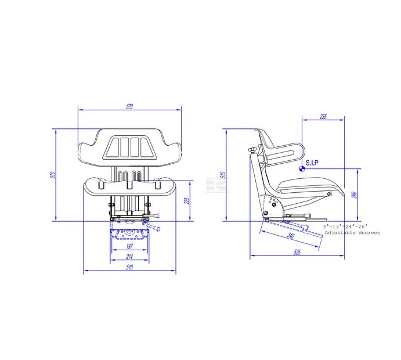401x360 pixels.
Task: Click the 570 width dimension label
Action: tap(129, 106)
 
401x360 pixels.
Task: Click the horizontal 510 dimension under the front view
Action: tap(130, 268)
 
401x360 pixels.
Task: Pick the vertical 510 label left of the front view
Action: tap(52, 175)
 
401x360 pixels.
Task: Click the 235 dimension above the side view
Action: tap(323, 117)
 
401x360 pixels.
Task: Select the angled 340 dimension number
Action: tap(291, 236)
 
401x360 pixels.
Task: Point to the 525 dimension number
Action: tap(297, 253)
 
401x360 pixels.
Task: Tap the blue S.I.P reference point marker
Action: tap(301, 170)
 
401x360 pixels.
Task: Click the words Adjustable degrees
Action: tap(352, 232)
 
